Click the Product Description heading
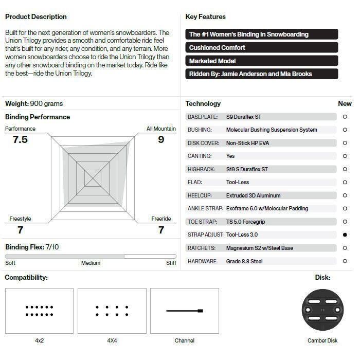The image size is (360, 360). point(36,17)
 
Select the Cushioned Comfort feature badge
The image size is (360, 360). point(262,48)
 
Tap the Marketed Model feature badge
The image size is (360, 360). point(262,61)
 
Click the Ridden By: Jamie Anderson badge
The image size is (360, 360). point(262,74)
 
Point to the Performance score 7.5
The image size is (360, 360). point(20,140)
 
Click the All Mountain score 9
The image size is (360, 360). point(161,140)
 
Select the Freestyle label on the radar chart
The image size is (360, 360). point(20,219)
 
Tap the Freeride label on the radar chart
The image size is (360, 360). point(161,219)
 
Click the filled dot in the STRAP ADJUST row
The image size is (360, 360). point(345,235)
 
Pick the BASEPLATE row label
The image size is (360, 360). point(203,117)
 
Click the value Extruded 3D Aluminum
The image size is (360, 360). point(254,195)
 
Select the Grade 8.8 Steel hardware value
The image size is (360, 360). point(244,261)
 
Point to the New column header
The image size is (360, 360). point(345,103)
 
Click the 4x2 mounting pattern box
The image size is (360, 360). point(39,311)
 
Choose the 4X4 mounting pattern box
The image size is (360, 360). point(112,311)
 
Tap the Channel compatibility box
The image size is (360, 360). point(185,311)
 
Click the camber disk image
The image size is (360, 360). point(323,311)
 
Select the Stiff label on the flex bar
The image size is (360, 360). point(171,263)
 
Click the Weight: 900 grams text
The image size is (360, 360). point(34,103)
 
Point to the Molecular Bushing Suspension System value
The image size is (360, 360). point(272,130)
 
